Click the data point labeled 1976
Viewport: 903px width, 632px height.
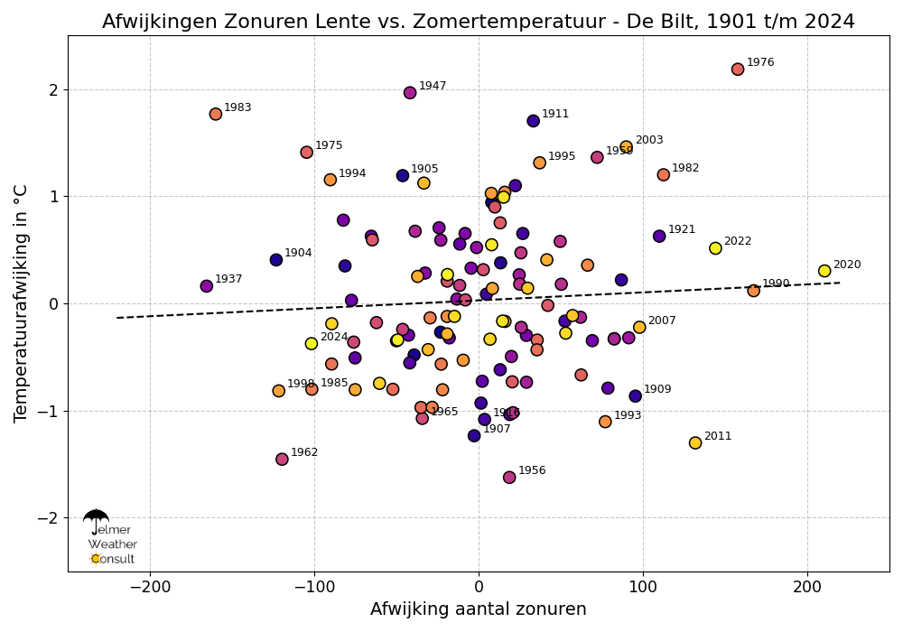click(x=738, y=70)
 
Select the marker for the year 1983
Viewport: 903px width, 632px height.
click(x=216, y=114)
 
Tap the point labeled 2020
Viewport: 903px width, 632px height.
click(x=824, y=271)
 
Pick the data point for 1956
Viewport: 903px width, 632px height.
click(x=509, y=477)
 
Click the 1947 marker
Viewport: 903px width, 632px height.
click(x=410, y=92)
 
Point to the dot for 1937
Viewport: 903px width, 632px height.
click(x=207, y=286)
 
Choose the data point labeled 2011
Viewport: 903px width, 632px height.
click(x=695, y=442)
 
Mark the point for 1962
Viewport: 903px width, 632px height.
click(x=282, y=459)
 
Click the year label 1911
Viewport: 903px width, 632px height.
click(x=555, y=115)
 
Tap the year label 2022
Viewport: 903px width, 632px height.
click(x=738, y=242)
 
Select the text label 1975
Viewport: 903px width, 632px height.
click(x=329, y=146)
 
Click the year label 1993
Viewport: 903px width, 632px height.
click(x=628, y=416)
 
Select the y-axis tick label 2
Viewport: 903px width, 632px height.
click(x=53, y=90)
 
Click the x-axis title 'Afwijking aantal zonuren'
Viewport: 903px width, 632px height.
click(x=479, y=609)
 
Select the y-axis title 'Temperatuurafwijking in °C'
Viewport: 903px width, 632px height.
click(x=22, y=303)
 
